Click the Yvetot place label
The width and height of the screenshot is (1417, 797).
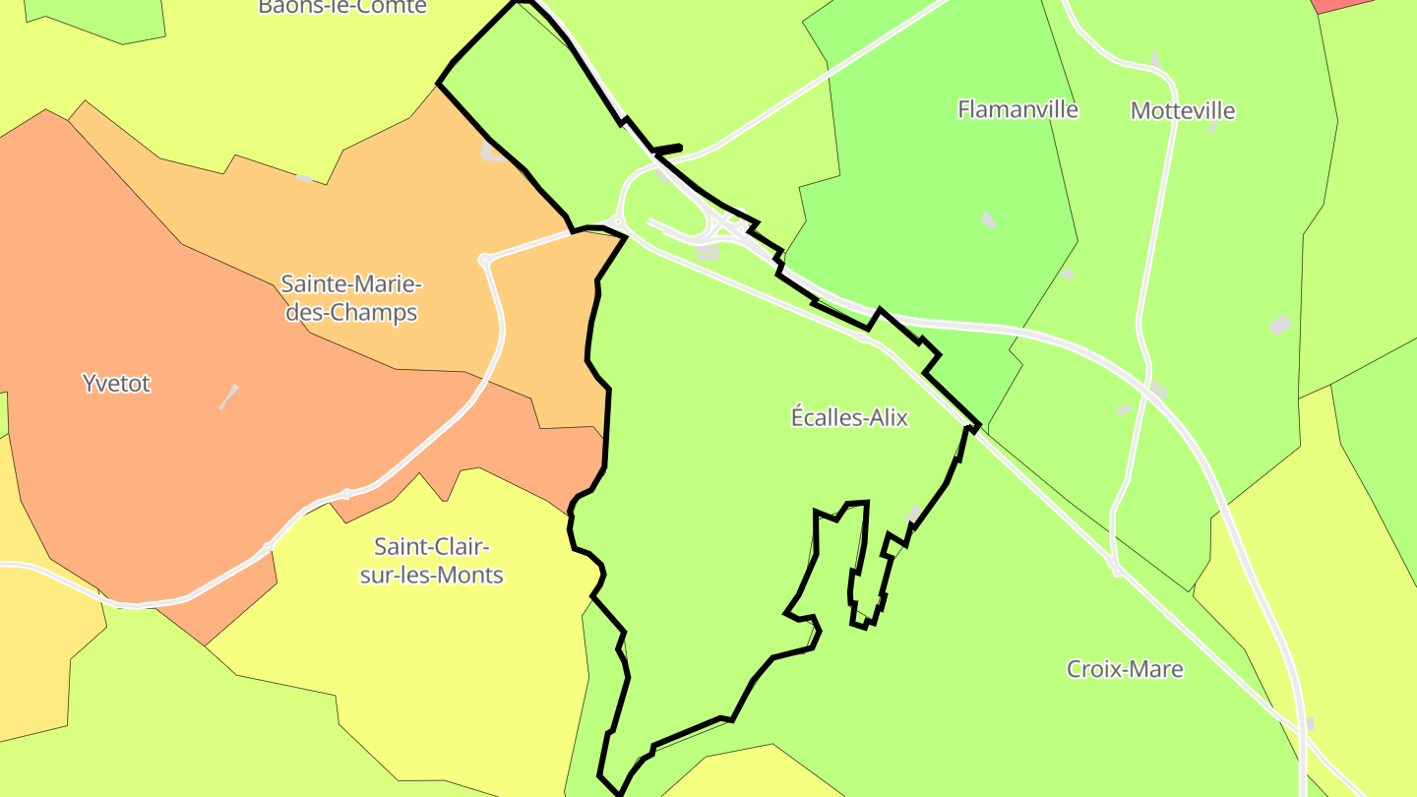coord(116,384)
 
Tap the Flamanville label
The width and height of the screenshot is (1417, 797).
coord(1017,109)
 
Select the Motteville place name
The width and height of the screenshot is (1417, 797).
coord(1182,110)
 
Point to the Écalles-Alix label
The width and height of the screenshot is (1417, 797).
coord(849,417)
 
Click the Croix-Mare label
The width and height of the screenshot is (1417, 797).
coord(1125,669)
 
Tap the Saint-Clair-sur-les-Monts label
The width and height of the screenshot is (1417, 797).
coord(431,561)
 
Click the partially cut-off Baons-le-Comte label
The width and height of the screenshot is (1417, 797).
coord(341,7)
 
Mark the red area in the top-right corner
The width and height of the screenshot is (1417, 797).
coord(1344,5)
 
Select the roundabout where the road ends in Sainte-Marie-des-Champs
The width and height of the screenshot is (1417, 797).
coord(484,260)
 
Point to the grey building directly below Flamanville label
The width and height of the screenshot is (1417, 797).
coord(988,219)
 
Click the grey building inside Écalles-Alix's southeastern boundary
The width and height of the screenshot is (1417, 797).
coord(913,515)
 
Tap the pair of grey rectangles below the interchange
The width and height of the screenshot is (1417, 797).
coord(708,253)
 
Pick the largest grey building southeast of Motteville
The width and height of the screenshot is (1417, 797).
coord(1279,325)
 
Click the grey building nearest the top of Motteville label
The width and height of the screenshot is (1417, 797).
coord(1155,59)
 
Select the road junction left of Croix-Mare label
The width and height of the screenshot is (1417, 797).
coord(1117,571)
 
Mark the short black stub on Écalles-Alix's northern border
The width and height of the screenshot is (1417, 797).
coord(667,150)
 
